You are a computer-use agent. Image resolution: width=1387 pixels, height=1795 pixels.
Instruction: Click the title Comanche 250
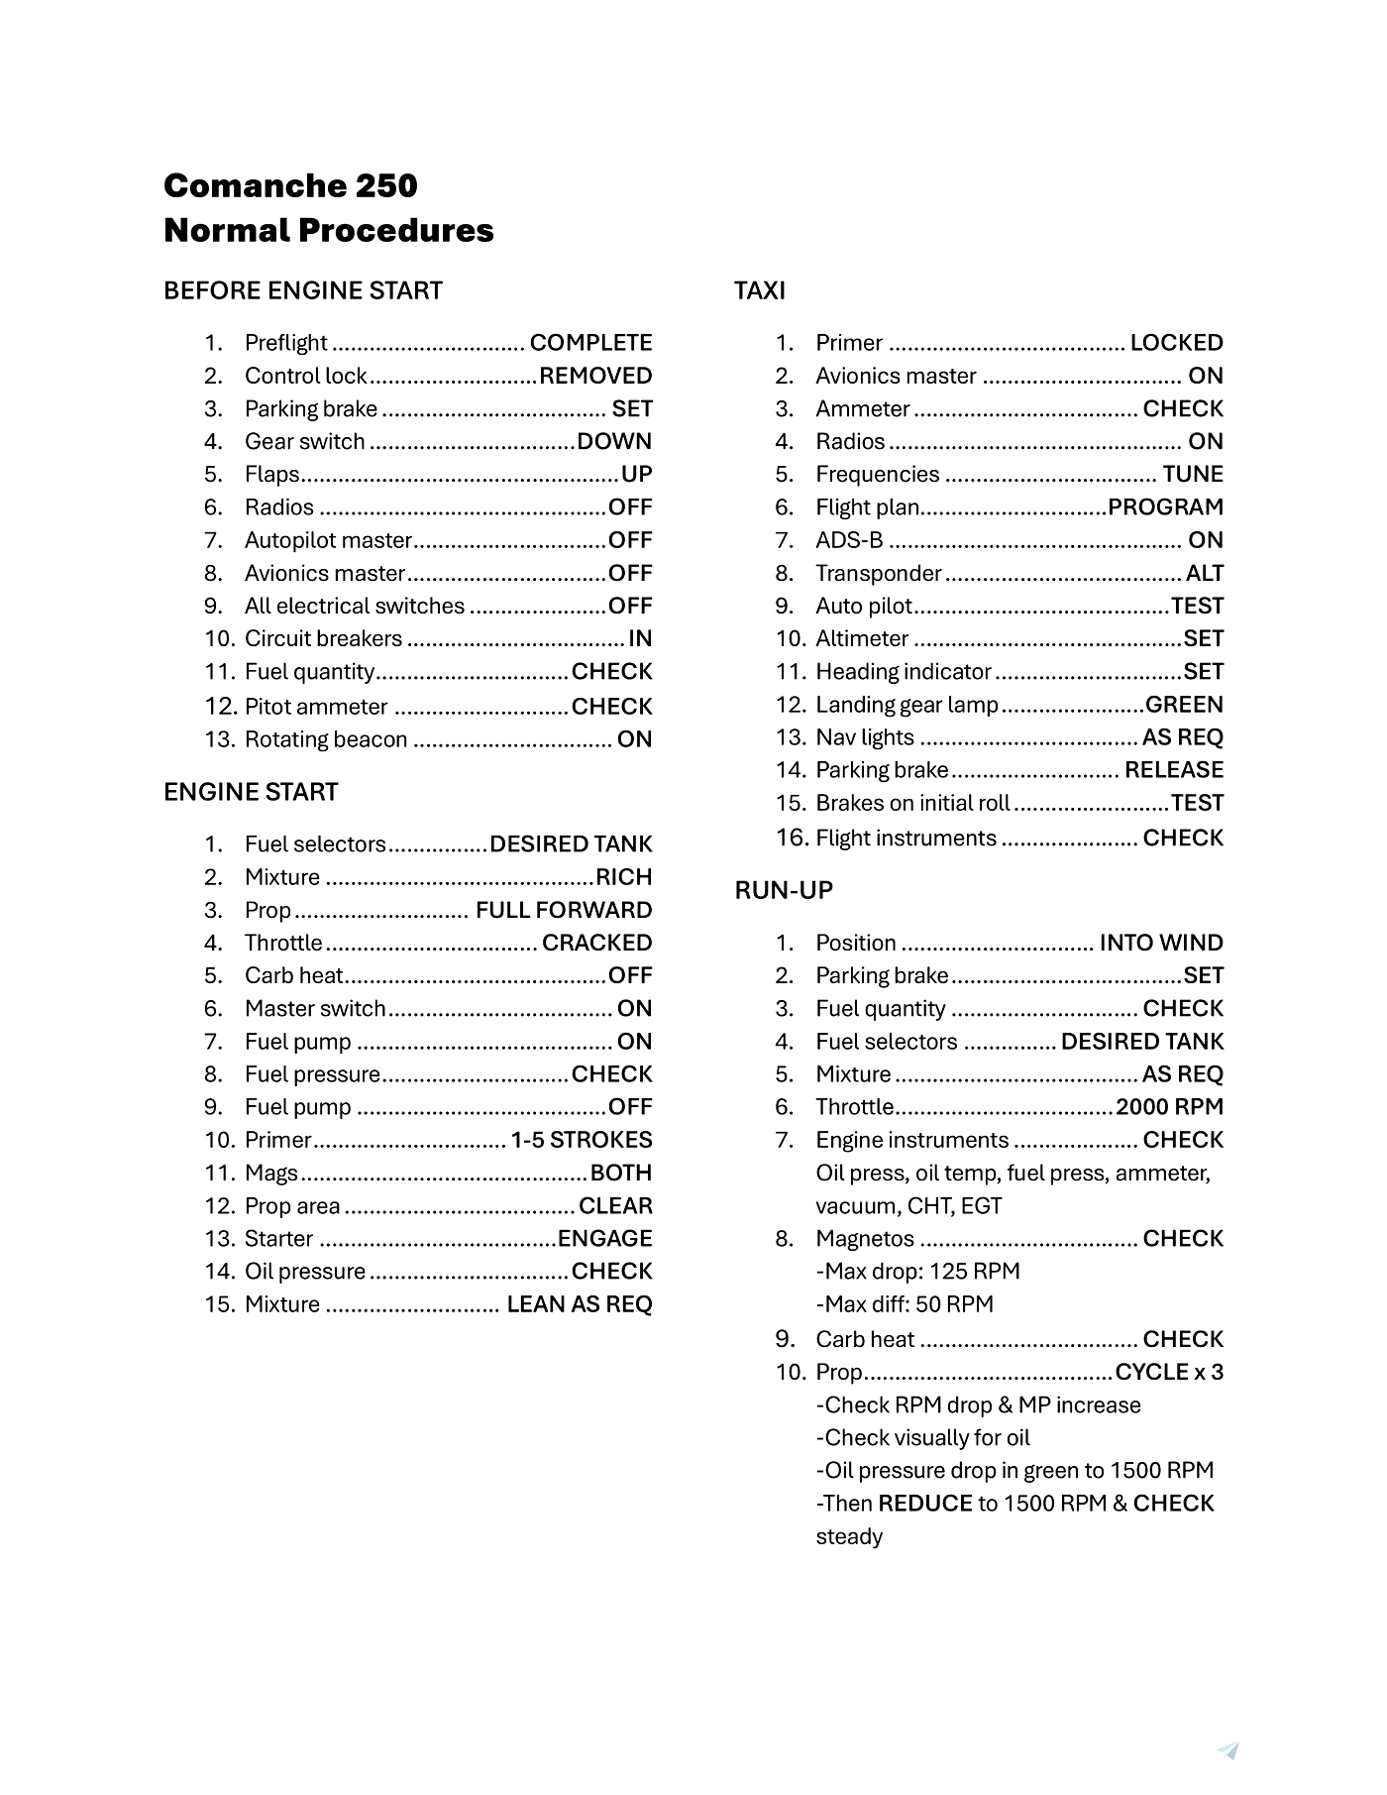click(290, 185)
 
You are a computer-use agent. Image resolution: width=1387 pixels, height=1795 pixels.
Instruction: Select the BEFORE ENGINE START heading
click(303, 290)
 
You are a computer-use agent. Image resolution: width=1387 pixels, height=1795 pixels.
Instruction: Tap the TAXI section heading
click(760, 290)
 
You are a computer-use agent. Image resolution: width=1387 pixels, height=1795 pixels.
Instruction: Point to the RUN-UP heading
click(784, 890)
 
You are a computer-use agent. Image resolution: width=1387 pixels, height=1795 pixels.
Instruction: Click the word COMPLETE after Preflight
click(590, 343)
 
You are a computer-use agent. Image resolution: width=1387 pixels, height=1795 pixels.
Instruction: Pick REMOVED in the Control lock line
click(595, 376)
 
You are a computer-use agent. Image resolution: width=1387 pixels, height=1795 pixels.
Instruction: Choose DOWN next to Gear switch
click(614, 441)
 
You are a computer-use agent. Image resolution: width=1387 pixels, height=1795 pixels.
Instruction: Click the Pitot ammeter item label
click(316, 707)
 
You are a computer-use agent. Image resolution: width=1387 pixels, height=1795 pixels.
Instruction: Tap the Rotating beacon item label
click(326, 739)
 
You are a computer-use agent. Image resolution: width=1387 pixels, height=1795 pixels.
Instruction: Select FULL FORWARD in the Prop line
click(564, 910)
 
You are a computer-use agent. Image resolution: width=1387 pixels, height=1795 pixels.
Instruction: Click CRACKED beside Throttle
click(596, 943)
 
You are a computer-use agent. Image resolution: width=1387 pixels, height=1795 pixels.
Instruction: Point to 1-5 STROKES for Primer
click(582, 1140)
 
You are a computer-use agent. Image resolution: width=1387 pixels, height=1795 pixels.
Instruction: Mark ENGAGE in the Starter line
click(604, 1238)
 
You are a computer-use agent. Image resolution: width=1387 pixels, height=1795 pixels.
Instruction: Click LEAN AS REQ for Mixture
click(580, 1304)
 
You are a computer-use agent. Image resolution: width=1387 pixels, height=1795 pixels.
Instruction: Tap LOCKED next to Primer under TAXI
click(1176, 343)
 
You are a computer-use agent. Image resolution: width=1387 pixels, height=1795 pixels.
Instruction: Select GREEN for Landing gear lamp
click(1184, 705)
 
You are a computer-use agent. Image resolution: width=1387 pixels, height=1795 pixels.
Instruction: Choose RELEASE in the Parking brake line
click(1174, 770)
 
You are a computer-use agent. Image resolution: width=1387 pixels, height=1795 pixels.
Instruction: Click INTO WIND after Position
click(1161, 943)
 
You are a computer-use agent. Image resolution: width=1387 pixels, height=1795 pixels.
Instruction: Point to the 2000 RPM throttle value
click(1169, 1107)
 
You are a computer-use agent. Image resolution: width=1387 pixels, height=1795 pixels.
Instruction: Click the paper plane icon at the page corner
click(1228, 1750)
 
